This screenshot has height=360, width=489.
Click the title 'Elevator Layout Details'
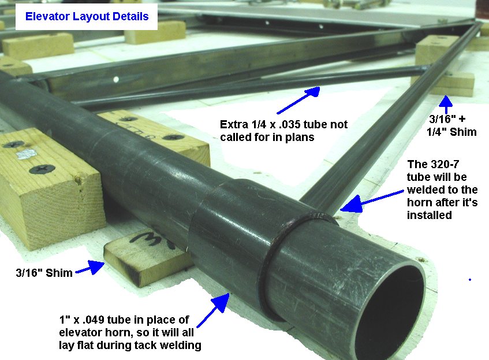87,17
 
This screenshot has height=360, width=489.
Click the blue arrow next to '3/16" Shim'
90,268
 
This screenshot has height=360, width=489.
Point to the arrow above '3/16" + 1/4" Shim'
446,104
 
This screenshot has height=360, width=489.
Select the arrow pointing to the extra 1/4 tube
298,100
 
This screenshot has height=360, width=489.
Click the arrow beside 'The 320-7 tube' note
372,202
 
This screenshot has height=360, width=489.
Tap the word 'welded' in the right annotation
423,190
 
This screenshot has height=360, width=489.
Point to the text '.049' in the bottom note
94,320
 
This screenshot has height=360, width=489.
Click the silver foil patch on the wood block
27,154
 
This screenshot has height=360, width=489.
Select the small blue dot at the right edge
470,280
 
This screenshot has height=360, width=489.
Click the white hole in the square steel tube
116,80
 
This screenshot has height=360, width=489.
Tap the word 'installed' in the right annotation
430,215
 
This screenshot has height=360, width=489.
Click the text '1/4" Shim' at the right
451,132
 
